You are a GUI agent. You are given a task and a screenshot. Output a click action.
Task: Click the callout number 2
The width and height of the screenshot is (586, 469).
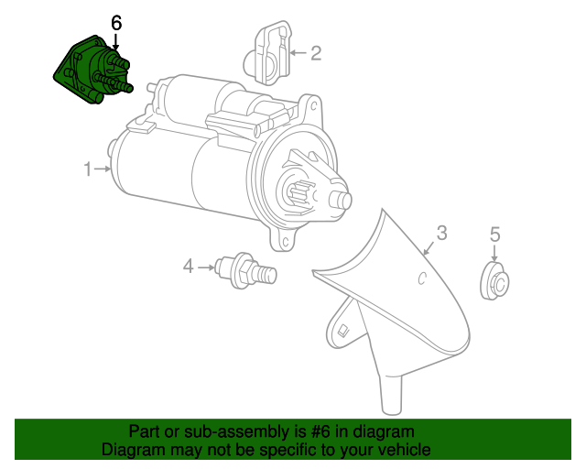coord(316,53)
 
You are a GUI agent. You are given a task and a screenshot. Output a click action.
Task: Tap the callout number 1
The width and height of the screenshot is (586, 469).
coord(89,169)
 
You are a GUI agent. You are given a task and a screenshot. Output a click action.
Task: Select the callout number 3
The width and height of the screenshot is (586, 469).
coord(441,233)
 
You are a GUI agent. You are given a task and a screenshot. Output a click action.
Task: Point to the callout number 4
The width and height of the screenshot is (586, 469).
coord(189,267)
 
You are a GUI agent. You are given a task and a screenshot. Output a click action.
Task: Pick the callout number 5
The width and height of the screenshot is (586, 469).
coord(495,234)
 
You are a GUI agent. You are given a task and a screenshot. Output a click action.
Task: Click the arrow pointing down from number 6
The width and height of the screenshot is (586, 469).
coord(115,40)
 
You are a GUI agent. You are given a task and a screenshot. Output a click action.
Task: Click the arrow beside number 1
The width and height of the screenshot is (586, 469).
coord(103,169)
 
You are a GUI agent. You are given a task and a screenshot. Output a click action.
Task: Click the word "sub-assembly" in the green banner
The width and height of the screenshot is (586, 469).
coord(216,431)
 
